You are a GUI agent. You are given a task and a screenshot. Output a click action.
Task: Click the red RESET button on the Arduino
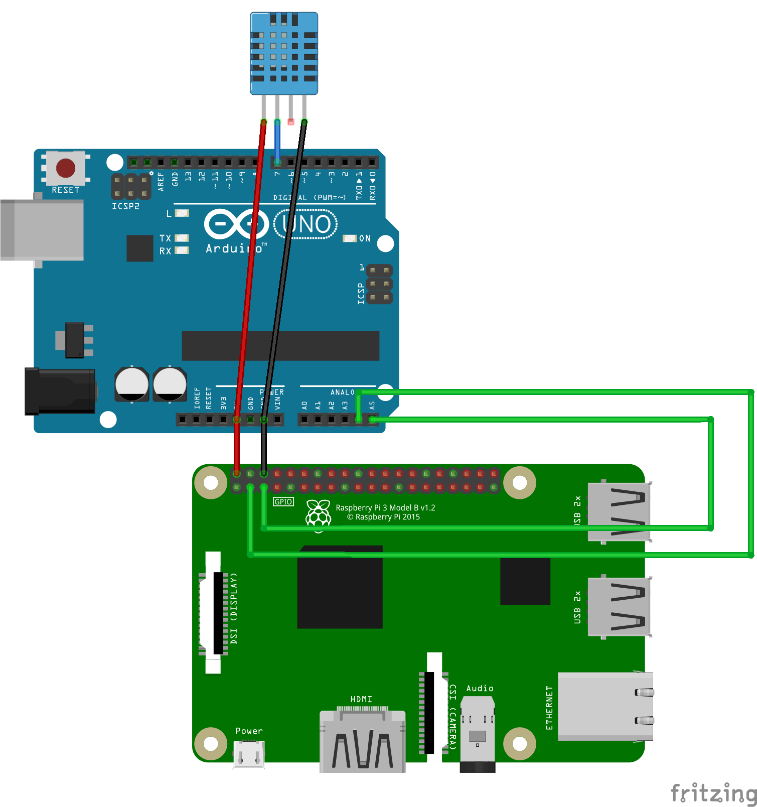[x=66, y=168]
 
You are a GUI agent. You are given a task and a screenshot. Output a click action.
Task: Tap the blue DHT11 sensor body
[x=284, y=53]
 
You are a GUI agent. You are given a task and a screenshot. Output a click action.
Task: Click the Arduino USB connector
[x=42, y=229]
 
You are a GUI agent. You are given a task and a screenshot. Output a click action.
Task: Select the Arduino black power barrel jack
[x=60, y=391]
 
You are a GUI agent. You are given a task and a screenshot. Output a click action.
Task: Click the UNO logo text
[x=306, y=224]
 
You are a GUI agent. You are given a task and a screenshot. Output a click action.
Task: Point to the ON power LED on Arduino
[x=349, y=238]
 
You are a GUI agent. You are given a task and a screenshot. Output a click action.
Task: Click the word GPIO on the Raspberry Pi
[x=283, y=502]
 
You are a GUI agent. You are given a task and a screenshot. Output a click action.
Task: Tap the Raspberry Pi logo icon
[x=319, y=513]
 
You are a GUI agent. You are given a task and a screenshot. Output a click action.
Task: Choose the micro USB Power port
[x=249, y=754]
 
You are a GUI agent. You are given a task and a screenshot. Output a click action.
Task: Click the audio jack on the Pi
[x=478, y=733]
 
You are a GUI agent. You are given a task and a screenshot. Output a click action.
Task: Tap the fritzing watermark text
[x=713, y=793]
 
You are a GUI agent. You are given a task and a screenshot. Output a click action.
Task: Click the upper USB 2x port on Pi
[x=619, y=511]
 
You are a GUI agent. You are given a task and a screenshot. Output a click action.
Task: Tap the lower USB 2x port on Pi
[x=619, y=606]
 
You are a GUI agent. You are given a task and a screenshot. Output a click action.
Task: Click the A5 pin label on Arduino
[x=372, y=405]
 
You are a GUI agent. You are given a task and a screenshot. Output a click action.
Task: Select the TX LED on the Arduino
[x=181, y=238]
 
